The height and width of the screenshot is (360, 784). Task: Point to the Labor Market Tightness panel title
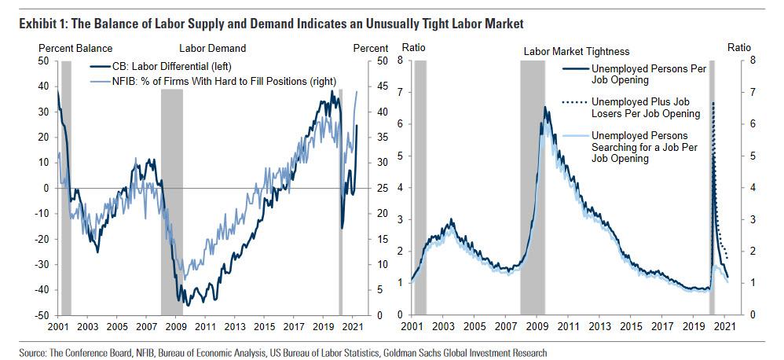(x=576, y=51)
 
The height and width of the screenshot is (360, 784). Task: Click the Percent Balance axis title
(x=75, y=49)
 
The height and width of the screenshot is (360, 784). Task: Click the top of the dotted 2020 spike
(x=713, y=103)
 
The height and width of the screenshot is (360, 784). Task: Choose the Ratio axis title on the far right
(x=738, y=47)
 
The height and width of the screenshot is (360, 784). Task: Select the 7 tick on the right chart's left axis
(x=402, y=93)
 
